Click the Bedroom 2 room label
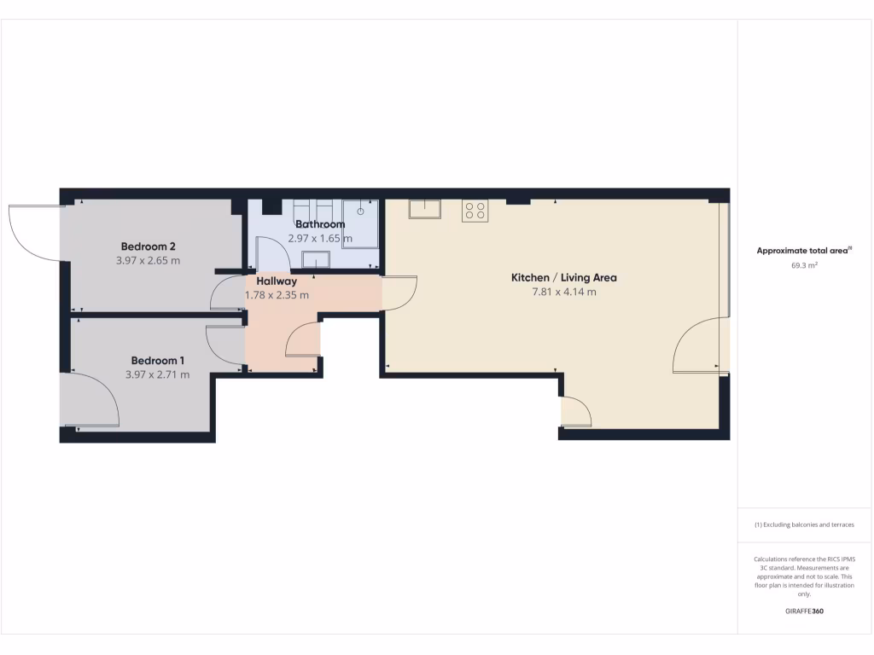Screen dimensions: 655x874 [x=149, y=246]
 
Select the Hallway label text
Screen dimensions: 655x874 [x=277, y=281]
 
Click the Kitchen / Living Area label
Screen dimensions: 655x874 [x=563, y=277]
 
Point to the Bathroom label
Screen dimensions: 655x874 [x=320, y=224]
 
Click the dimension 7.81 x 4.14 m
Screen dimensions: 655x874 [x=563, y=293]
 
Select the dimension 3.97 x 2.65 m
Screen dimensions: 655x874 [x=149, y=261]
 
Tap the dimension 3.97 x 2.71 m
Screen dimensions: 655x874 [x=158, y=374]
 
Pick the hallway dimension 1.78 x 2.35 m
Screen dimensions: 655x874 [x=277, y=295]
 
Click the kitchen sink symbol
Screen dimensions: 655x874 [x=423, y=209]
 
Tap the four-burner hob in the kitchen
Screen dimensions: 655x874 [x=475, y=211]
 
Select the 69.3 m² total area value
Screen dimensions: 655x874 [x=805, y=266]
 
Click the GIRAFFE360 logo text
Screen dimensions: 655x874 [x=805, y=612]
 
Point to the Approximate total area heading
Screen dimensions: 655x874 [x=804, y=251]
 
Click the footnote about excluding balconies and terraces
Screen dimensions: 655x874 [x=804, y=525]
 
